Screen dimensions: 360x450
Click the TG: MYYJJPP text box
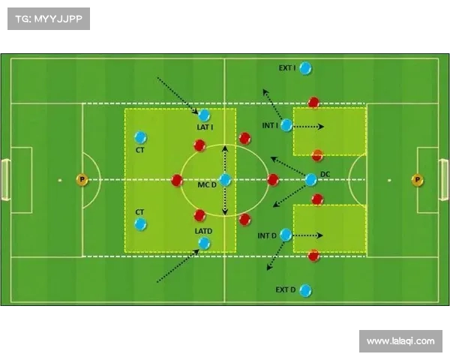(x=49, y=19)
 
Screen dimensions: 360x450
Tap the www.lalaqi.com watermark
(x=400, y=341)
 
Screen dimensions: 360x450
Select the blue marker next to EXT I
(x=305, y=68)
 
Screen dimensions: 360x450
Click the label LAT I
(x=205, y=127)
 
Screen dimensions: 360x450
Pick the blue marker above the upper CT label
(x=140, y=137)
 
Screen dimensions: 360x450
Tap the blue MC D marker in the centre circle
(x=225, y=180)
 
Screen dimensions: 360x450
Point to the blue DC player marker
(x=311, y=179)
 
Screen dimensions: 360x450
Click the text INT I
(x=270, y=125)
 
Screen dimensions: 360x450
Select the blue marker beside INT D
(x=286, y=235)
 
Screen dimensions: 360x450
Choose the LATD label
(x=203, y=232)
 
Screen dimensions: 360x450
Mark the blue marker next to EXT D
(x=304, y=290)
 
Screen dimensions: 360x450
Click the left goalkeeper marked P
(x=82, y=180)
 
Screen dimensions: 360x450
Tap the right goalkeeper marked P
(x=417, y=180)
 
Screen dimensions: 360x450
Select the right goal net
(x=445, y=180)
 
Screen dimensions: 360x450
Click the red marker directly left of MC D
(x=177, y=180)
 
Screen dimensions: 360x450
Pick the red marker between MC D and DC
(x=273, y=180)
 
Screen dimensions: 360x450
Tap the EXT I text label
(x=286, y=68)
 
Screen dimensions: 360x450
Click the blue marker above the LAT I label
(x=204, y=115)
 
